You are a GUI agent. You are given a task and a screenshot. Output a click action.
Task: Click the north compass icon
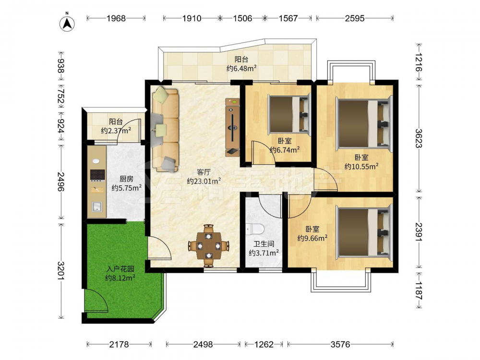[x=67, y=22]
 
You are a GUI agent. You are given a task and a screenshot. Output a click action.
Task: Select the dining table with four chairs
[x=208, y=245]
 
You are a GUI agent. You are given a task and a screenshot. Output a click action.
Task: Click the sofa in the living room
[x=165, y=130]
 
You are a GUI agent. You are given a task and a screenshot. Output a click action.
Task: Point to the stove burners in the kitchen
[x=97, y=175]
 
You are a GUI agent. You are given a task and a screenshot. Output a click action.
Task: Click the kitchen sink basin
[x=97, y=206]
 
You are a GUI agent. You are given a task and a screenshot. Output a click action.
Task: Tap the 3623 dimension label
[x=419, y=138]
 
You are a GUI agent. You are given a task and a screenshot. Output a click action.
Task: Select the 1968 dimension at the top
[x=116, y=18]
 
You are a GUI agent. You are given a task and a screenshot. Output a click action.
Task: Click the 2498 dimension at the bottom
[x=203, y=345]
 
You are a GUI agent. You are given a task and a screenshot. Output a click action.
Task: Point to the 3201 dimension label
[x=61, y=271]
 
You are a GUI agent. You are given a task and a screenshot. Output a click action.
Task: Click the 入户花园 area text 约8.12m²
[x=120, y=278]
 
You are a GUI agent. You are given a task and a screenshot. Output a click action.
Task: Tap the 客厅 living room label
[x=204, y=172]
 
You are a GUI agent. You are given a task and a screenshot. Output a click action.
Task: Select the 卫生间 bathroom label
[x=264, y=244]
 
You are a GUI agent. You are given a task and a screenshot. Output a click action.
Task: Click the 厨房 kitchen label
[x=126, y=179]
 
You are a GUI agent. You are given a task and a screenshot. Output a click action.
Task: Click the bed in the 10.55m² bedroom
[x=364, y=123]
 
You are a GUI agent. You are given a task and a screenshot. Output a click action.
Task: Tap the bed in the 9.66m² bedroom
[x=364, y=232]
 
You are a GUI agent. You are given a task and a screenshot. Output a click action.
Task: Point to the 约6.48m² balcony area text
[x=241, y=68]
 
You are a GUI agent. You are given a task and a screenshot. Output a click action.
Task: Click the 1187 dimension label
[x=419, y=290]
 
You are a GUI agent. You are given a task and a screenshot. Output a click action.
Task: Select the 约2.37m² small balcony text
[x=116, y=131]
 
